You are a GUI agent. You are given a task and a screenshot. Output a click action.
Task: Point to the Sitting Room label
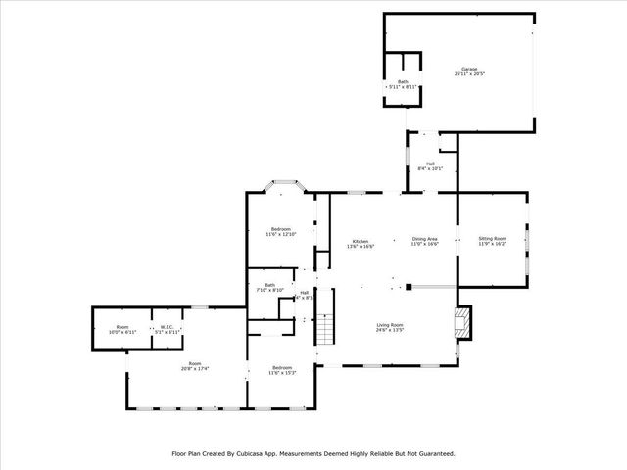click(492, 238)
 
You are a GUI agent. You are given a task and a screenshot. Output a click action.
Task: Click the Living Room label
click(390, 325)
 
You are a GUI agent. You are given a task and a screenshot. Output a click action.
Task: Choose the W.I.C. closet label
click(168, 327)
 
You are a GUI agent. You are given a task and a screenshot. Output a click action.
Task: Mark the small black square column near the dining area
click(409, 287)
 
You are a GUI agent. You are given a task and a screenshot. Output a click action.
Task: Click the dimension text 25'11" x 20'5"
click(470, 74)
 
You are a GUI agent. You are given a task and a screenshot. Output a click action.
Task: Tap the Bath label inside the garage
click(403, 81)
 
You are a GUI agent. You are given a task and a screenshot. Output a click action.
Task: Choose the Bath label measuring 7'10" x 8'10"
click(268, 285)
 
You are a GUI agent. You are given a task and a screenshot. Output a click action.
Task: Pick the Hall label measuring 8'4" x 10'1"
click(430, 164)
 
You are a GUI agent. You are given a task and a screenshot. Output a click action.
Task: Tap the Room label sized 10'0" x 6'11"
click(122, 327)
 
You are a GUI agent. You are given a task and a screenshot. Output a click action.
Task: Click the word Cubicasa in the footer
click(260, 453)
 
